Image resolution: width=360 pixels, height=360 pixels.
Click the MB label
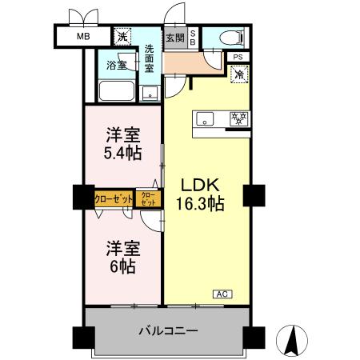tap(83, 37)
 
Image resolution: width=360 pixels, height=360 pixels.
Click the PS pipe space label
tap(238, 58)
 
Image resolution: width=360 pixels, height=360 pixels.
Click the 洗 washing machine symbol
tap(122, 37)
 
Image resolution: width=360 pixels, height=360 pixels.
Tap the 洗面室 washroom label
tap(150, 58)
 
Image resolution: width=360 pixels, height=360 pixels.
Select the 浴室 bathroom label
tap(117, 65)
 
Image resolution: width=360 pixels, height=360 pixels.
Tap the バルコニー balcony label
tap(168, 330)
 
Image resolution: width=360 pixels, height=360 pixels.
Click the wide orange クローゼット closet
tap(114, 198)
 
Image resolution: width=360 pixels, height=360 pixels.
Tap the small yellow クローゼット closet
tap(148, 198)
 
